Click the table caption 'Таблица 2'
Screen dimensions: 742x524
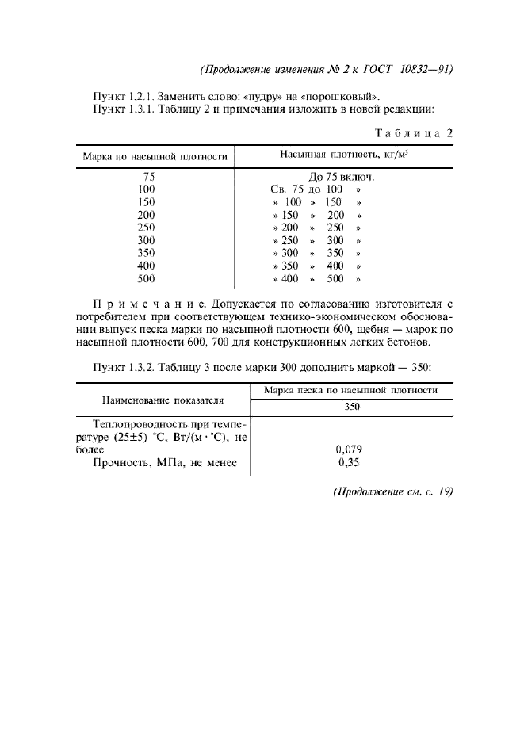point(412,132)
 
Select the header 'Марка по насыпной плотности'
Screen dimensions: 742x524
point(156,156)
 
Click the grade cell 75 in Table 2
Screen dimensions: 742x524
point(147,177)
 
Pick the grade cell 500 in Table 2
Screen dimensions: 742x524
point(146,278)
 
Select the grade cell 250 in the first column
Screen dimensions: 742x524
point(146,228)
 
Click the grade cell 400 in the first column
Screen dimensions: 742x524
point(146,266)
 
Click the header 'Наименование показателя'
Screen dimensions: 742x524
point(163,400)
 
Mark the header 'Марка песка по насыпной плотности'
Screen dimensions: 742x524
point(352,391)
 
